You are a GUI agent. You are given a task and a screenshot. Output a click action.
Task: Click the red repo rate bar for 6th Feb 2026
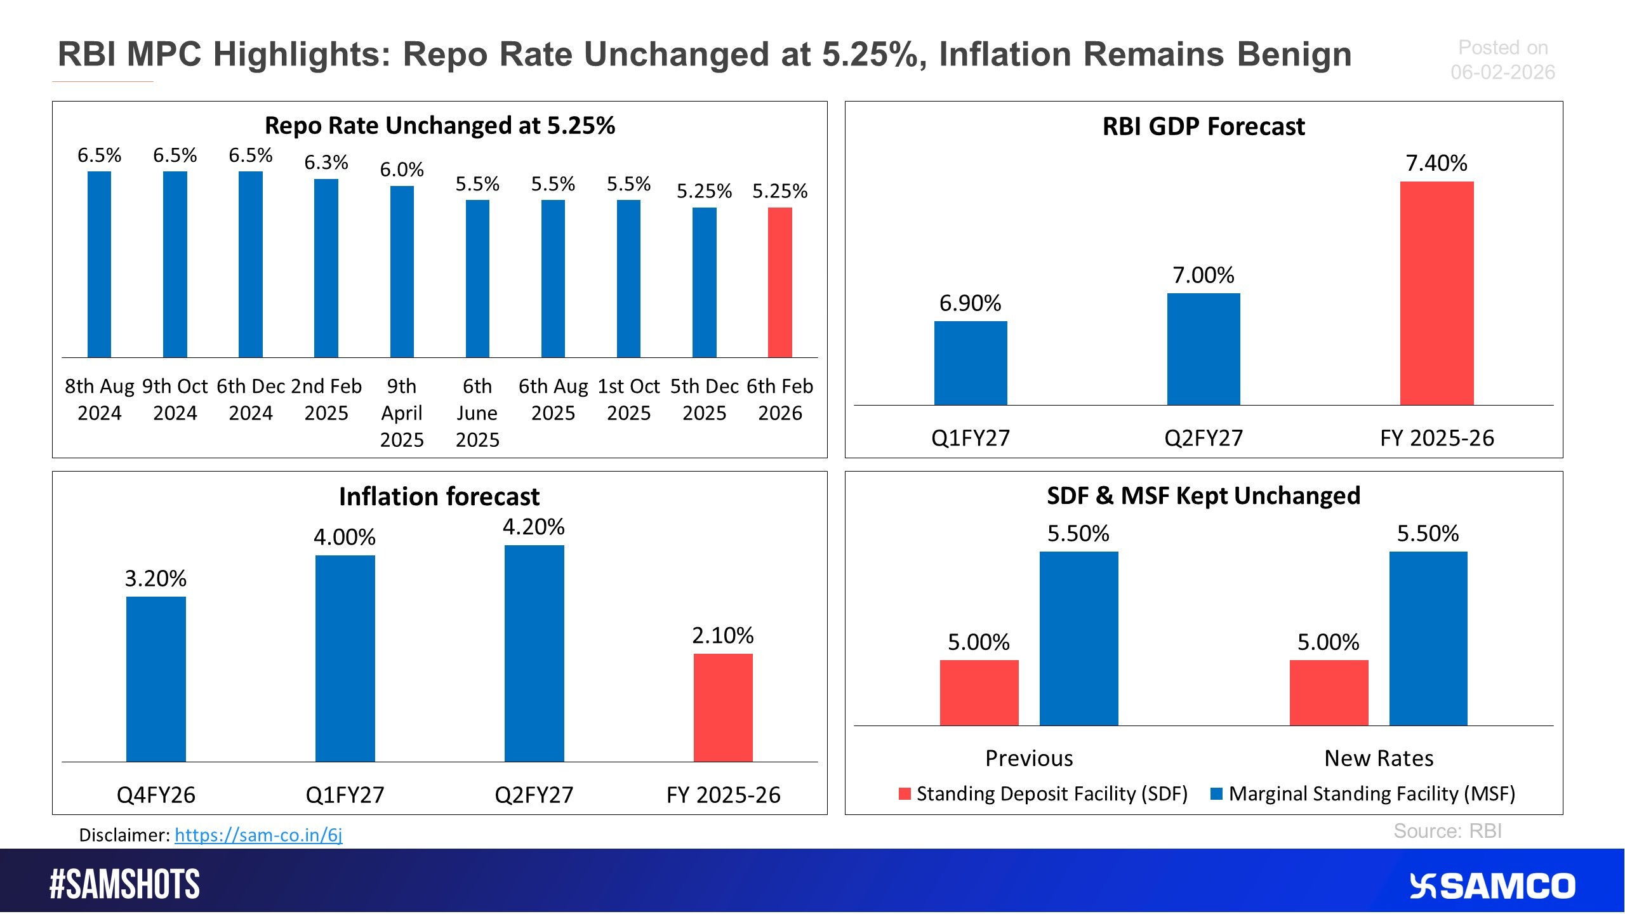tap(779, 282)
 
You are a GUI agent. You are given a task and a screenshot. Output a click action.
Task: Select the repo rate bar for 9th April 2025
tap(402, 272)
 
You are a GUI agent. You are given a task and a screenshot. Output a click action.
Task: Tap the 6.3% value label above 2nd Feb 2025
tap(326, 162)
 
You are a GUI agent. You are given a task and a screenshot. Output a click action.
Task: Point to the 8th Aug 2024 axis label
tap(100, 399)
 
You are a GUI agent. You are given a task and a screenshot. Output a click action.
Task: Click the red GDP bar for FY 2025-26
tap(1436, 293)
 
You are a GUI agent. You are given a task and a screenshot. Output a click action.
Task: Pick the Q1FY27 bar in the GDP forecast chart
tap(971, 363)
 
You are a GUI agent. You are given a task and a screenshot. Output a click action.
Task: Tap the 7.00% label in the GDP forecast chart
tap(1203, 275)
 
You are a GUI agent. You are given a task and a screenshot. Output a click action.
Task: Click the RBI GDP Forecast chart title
tap(1204, 126)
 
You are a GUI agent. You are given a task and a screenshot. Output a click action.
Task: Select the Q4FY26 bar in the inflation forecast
tap(156, 679)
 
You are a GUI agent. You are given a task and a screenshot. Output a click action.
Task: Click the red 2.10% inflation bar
tap(723, 708)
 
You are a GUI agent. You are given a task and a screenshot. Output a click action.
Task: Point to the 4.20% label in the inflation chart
tap(533, 527)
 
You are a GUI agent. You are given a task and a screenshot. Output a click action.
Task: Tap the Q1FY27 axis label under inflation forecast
tap(345, 795)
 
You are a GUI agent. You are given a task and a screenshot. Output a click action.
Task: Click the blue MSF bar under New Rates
tap(1428, 638)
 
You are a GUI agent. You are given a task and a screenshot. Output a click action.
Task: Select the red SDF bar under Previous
tap(979, 692)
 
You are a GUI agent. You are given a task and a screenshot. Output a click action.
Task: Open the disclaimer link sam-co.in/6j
tap(258, 835)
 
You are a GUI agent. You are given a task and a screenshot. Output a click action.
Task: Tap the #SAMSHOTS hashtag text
tap(124, 885)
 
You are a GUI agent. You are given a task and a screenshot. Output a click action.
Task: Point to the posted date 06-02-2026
tap(1502, 72)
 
